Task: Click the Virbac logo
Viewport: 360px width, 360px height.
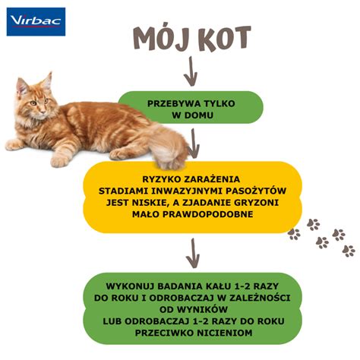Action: (36, 22)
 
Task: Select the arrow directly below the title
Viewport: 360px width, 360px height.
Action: (191, 71)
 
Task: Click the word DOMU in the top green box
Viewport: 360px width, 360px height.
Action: (199, 115)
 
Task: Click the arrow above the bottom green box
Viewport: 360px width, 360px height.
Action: (193, 253)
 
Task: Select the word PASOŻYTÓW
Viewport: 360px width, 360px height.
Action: (256, 191)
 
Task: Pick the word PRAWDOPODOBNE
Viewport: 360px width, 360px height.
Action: (207, 214)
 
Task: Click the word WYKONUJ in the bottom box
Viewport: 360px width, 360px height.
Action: (130, 286)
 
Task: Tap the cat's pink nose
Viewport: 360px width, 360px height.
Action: (42, 111)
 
